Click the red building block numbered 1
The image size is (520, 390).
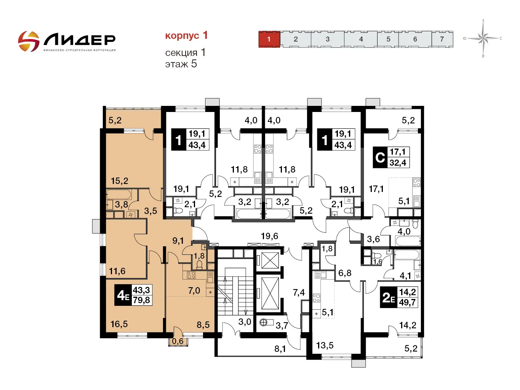pos(269,39)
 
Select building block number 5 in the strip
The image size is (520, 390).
pos(388,39)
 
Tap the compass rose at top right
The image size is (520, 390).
pos(483,38)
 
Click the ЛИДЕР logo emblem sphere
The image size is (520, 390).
pos(29,41)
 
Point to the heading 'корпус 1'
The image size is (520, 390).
pos(186,35)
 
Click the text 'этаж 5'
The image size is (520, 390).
pos(181,64)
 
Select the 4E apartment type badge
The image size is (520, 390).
pos(123,295)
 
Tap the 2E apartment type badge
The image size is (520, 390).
pos(389,297)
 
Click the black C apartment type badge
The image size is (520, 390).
pos(380,157)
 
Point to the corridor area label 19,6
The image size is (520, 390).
pos(269,236)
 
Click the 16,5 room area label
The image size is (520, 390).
pos(119,324)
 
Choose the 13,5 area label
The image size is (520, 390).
pos(325,345)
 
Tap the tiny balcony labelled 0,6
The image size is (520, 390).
pos(178,340)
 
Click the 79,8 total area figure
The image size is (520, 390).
pos(141,300)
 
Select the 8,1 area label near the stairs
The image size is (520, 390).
pos(280,349)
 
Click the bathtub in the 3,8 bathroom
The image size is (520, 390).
pos(118,194)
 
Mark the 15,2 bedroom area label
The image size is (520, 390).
pos(120,181)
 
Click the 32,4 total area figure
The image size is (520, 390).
pos(398,163)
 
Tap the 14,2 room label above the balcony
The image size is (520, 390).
pos(408,325)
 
